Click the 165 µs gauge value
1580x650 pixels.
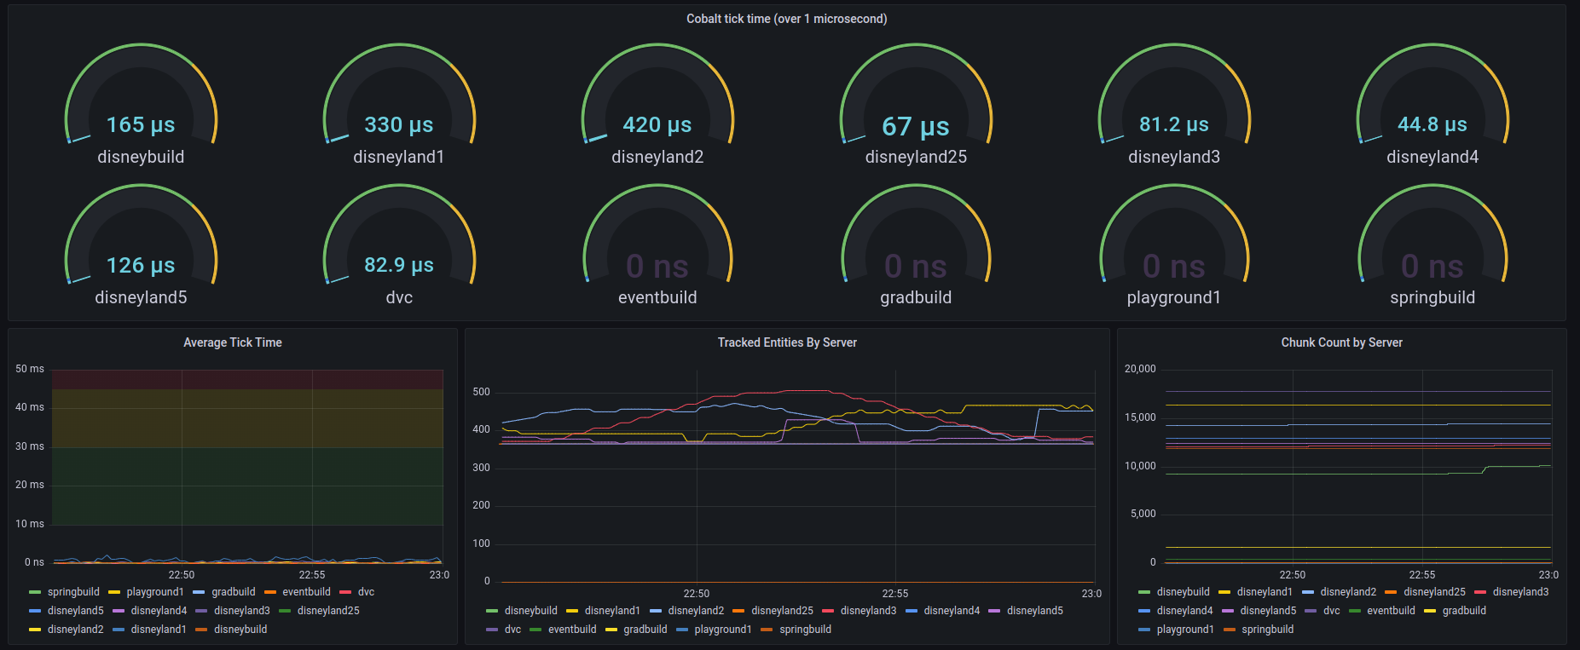point(141,125)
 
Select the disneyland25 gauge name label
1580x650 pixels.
point(916,157)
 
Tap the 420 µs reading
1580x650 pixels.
point(657,125)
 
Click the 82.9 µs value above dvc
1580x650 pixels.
point(399,265)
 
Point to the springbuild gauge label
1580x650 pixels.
point(1432,297)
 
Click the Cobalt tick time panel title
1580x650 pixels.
point(786,19)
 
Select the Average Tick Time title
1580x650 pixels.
point(232,342)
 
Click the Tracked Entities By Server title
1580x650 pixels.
point(786,342)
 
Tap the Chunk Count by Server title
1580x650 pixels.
point(1341,342)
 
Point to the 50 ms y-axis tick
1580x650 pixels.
point(30,369)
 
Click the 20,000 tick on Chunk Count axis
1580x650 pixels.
point(1140,369)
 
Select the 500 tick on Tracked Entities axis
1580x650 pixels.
point(481,392)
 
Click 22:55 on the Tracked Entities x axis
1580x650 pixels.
point(894,593)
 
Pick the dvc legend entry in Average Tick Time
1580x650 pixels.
point(366,592)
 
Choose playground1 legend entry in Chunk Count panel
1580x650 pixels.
point(1184,630)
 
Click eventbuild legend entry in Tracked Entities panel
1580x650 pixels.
point(571,630)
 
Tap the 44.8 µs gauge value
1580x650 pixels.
point(1432,124)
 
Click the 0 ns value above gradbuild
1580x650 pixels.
point(915,267)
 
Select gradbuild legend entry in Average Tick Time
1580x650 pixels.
point(233,592)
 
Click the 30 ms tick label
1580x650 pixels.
point(30,446)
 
